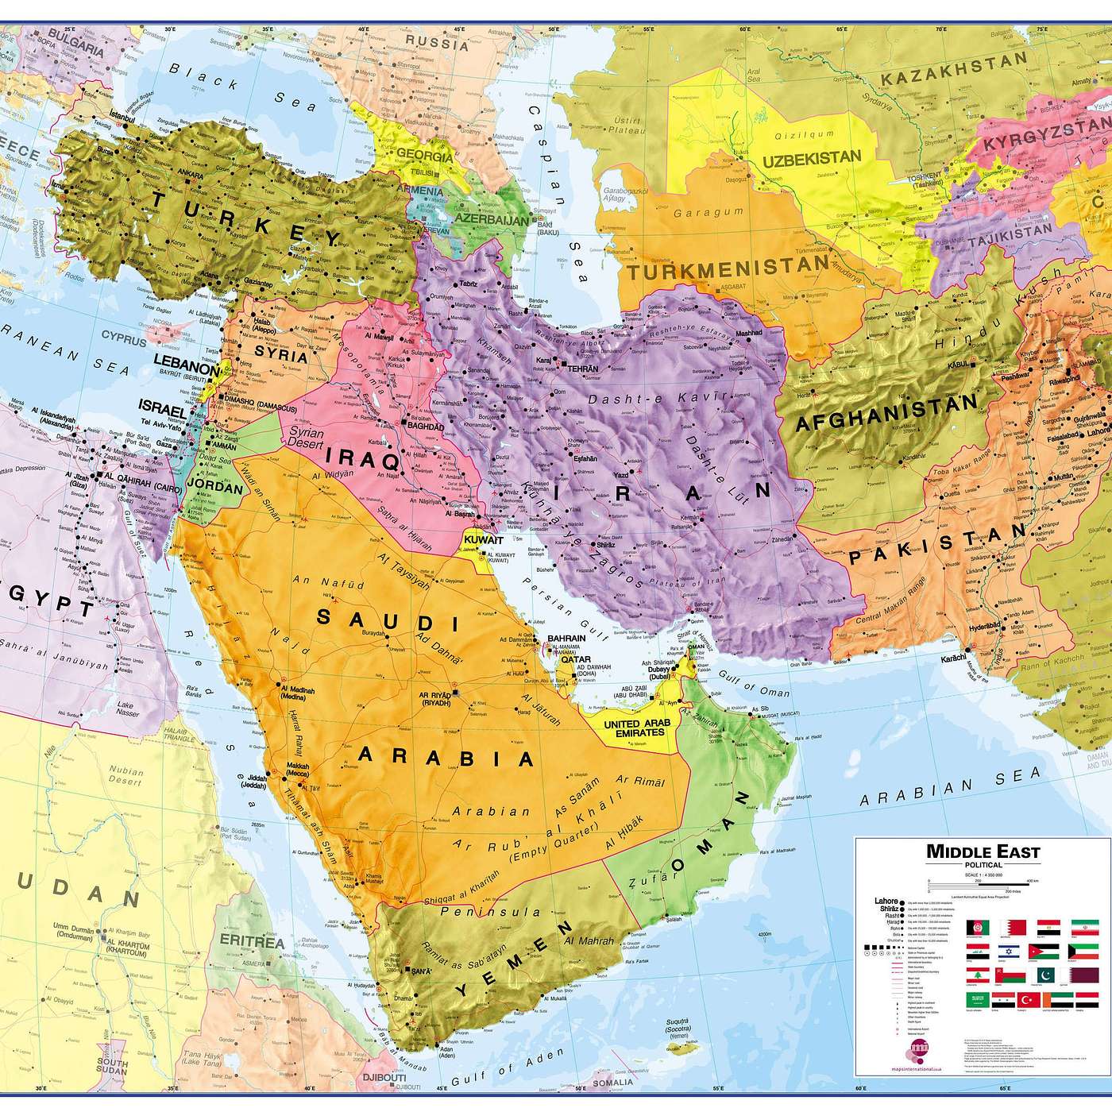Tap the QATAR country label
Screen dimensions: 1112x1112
[x=574, y=658]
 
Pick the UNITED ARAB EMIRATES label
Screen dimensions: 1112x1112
[x=633, y=728]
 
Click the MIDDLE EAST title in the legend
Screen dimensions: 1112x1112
[x=983, y=852]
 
